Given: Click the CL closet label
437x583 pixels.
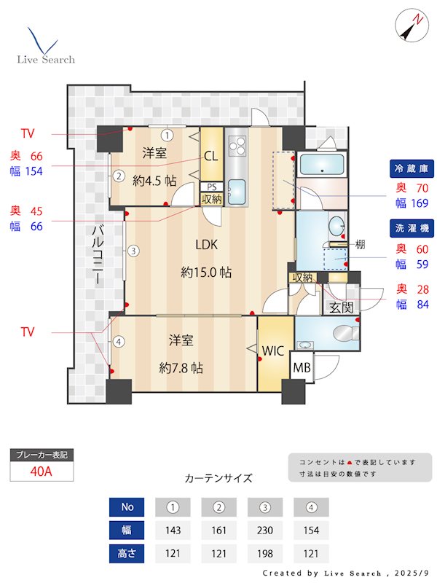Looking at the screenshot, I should [210, 155].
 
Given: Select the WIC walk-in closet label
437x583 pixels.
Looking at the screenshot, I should [273, 351].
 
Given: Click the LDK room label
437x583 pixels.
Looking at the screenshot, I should [205, 244].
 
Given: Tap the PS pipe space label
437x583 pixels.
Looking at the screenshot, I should [211, 187].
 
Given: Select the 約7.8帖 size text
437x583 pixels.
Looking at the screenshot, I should [181, 368].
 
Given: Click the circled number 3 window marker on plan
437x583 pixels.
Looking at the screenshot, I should [133, 251].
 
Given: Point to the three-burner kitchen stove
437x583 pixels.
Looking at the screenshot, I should [237, 146].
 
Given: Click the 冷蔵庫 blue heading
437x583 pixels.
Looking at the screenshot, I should [413, 168].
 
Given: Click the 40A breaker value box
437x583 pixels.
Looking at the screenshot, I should [42, 471].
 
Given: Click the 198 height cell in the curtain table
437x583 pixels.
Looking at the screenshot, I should [264, 553].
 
